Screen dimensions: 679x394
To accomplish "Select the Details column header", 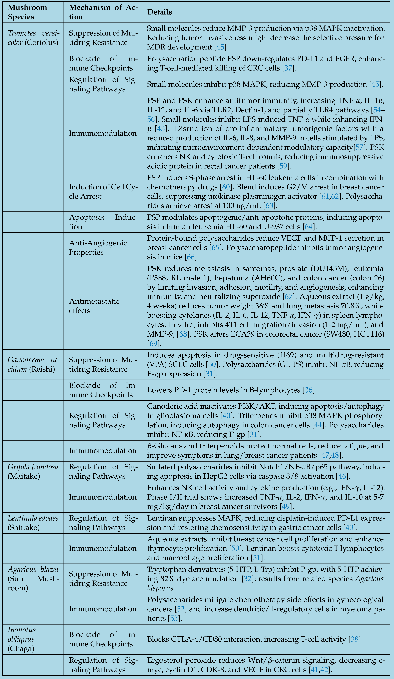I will click(x=160, y=12).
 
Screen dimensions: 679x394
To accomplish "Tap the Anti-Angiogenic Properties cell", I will click(x=98, y=247).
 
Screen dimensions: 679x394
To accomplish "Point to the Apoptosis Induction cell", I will click(x=103, y=222).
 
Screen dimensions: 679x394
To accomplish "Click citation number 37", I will click(x=288, y=68).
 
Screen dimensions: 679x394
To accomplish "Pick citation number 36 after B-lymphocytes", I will click(x=308, y=390).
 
